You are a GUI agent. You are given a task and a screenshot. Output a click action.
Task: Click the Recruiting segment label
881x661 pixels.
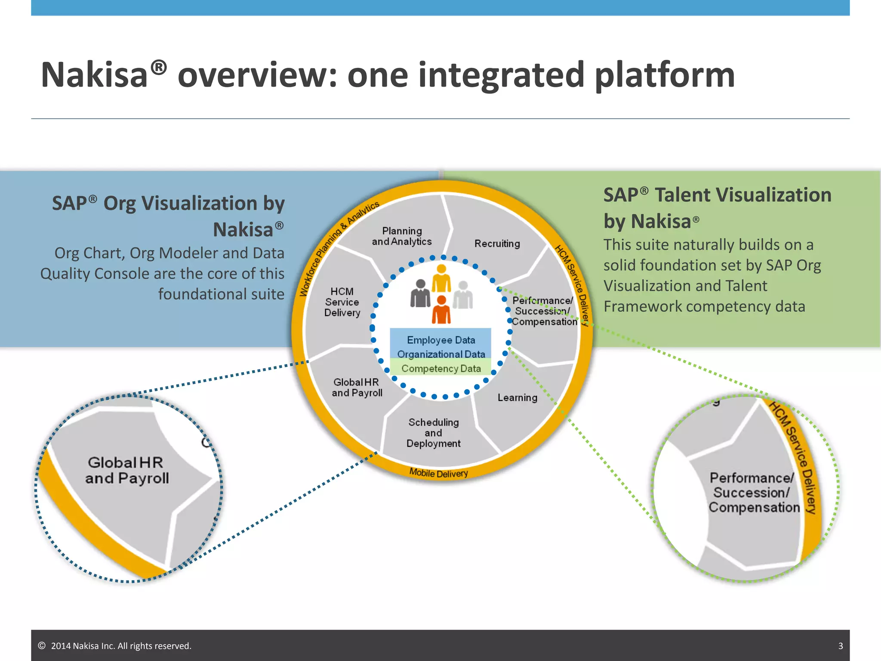coord(497,244)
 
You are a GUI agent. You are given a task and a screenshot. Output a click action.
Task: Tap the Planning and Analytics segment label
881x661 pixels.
coord(402,236)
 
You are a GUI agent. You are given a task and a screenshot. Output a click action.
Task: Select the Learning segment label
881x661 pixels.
coord(518,398)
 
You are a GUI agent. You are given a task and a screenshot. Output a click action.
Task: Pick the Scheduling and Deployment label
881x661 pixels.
coord(434,433)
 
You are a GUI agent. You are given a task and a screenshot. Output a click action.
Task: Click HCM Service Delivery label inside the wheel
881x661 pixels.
coord(342,302)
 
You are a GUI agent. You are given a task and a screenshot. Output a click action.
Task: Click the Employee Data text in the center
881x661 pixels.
coord(441,340)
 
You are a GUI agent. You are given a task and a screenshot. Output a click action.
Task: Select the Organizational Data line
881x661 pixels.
coord(441,354)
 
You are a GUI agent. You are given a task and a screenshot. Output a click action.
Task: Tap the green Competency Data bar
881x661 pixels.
coord(441,369)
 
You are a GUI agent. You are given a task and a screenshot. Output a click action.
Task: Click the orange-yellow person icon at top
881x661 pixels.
coord(441,279)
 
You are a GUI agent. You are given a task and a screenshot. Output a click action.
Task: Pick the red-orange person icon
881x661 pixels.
coord(441,310)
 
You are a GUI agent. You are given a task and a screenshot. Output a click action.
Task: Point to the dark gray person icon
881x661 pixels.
coord(420,293)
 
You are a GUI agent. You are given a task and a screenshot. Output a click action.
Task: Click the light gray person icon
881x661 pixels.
coord(463,295)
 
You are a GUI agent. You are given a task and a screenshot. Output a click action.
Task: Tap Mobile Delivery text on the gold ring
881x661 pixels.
coord(438,473)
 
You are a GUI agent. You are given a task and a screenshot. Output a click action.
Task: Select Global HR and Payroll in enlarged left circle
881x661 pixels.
coord(127,470)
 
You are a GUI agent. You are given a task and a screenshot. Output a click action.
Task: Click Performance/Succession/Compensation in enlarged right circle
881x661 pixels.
coord(754,493)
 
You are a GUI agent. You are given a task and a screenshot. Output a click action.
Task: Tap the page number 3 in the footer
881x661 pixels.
coord(841,646)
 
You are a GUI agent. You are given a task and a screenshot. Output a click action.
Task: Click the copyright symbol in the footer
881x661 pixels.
coord(42,646)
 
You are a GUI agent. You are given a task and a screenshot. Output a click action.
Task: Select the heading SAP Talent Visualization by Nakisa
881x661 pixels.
coord(717,208)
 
